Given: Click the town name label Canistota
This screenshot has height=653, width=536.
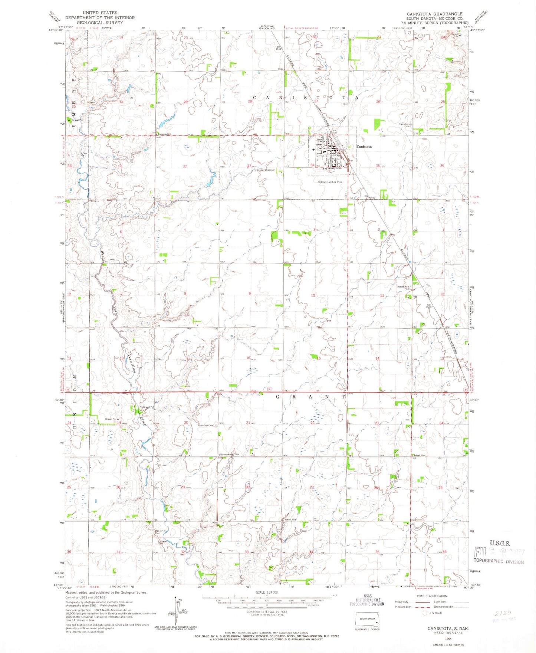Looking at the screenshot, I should point(364,147).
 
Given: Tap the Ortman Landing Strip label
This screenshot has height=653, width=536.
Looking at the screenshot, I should point(330,182).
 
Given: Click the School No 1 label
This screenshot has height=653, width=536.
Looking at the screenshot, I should point(404,287).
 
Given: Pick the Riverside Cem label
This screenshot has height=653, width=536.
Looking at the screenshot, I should point(206,426).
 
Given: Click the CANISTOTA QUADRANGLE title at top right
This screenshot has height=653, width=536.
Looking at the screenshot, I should point(434,14).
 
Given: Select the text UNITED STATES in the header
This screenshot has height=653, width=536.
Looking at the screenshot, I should point(100,13).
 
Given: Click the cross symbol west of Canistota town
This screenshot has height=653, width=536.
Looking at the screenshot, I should point(314,149).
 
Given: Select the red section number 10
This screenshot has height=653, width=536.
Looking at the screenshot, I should point(313,295).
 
